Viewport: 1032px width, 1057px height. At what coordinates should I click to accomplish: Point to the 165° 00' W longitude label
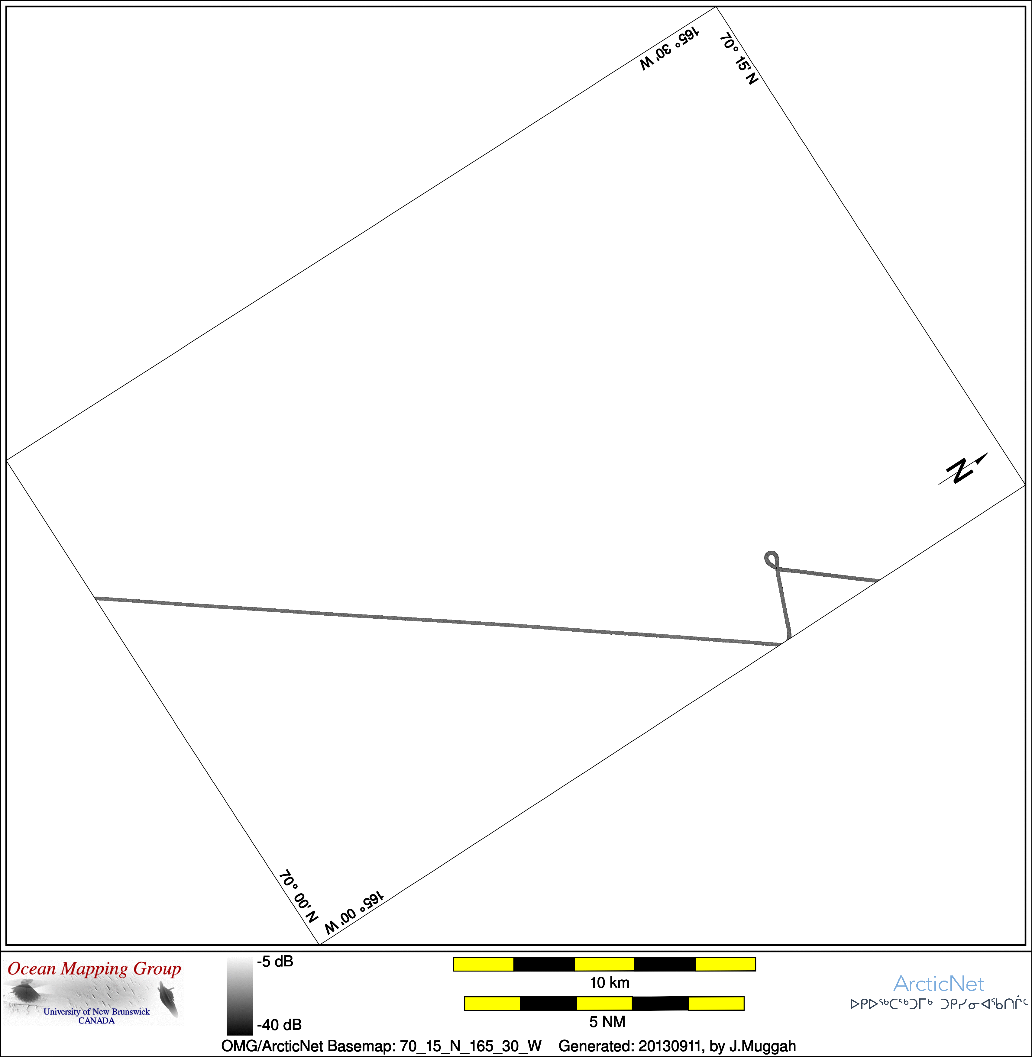tap(354, 912)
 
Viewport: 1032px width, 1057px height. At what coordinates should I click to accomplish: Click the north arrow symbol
tap(962, 469)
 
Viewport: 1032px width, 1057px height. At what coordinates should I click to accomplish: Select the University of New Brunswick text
tap(96, 1011)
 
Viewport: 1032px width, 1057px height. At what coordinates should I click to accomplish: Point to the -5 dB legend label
tap(275, 962)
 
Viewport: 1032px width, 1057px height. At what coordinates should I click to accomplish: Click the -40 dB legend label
tap(279, 1024)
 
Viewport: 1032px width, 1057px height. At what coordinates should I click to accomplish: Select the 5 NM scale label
tap(607, 1022)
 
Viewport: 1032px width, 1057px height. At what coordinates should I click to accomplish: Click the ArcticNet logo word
tap(939, 983)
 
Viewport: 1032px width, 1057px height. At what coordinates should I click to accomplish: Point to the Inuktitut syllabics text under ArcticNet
tap(939, 1004)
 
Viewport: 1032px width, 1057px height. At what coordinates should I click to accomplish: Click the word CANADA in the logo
tap(96, 1021)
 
